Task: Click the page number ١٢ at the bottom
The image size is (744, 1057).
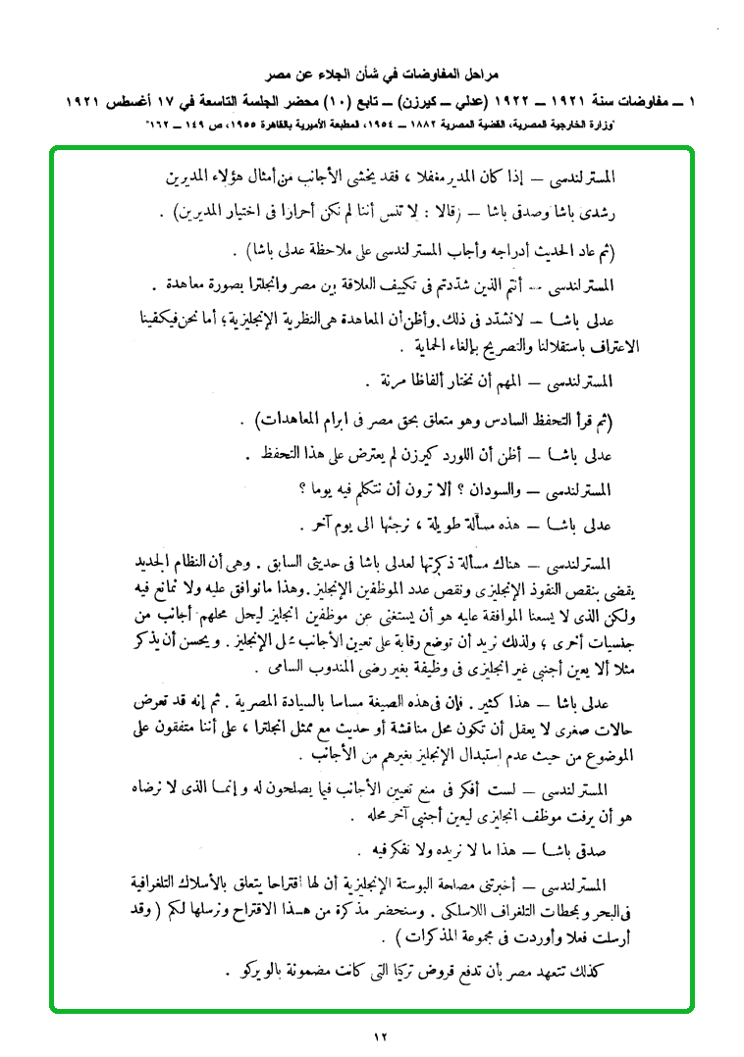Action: point(382,1036)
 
